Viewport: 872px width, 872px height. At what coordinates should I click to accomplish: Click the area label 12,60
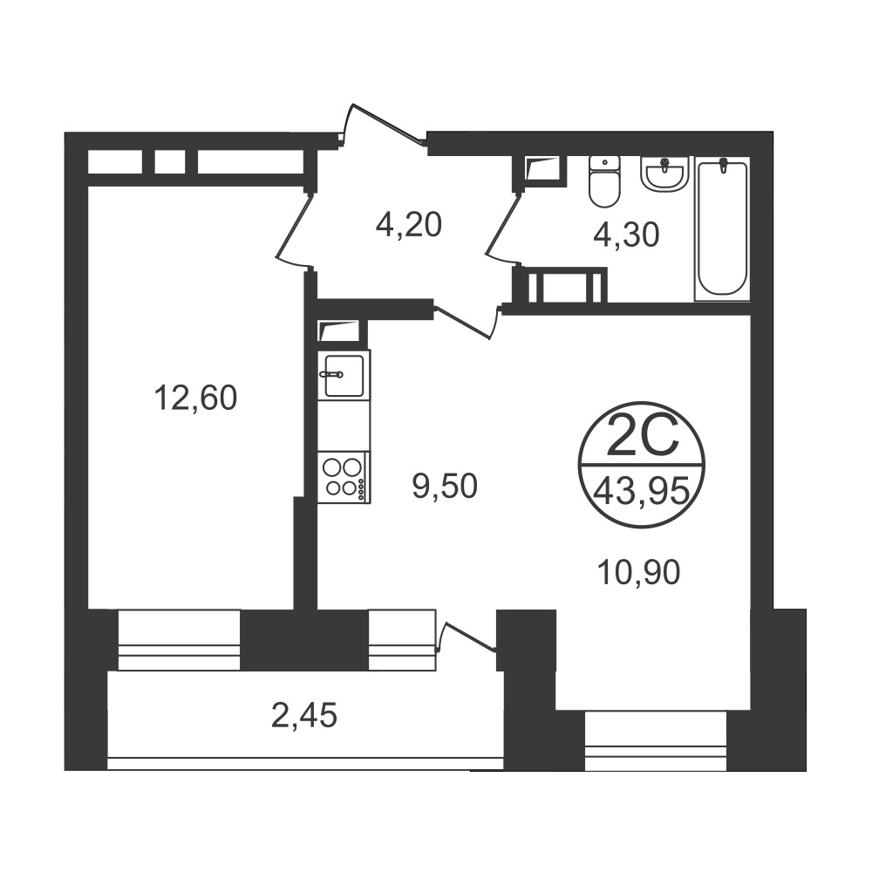(195, 399)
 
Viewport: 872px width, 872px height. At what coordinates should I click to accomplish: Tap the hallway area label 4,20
(409, 225)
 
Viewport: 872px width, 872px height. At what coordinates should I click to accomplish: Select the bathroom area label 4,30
(626, 235)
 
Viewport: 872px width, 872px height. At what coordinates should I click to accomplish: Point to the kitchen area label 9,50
(445, 486)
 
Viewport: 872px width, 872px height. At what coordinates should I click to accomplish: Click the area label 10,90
(638, 572)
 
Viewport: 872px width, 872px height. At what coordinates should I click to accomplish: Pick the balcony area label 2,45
(304, 715)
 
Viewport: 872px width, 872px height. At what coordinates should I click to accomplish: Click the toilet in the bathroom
(604, 181)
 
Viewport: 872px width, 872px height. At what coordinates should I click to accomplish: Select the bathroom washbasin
(664, 174)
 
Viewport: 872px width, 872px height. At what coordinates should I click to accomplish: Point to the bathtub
(722, 228)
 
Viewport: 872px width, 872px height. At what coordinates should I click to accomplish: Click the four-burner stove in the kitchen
(343, 477)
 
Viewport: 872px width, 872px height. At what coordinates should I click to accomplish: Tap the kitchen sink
(343, 375)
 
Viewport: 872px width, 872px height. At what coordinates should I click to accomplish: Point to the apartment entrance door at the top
(384, 125)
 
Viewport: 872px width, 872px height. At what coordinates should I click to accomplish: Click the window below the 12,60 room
(179, 640)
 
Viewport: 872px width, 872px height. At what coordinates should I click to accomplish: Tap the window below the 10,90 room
(656, 740)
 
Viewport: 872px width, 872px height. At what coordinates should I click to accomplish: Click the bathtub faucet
(722, 165)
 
